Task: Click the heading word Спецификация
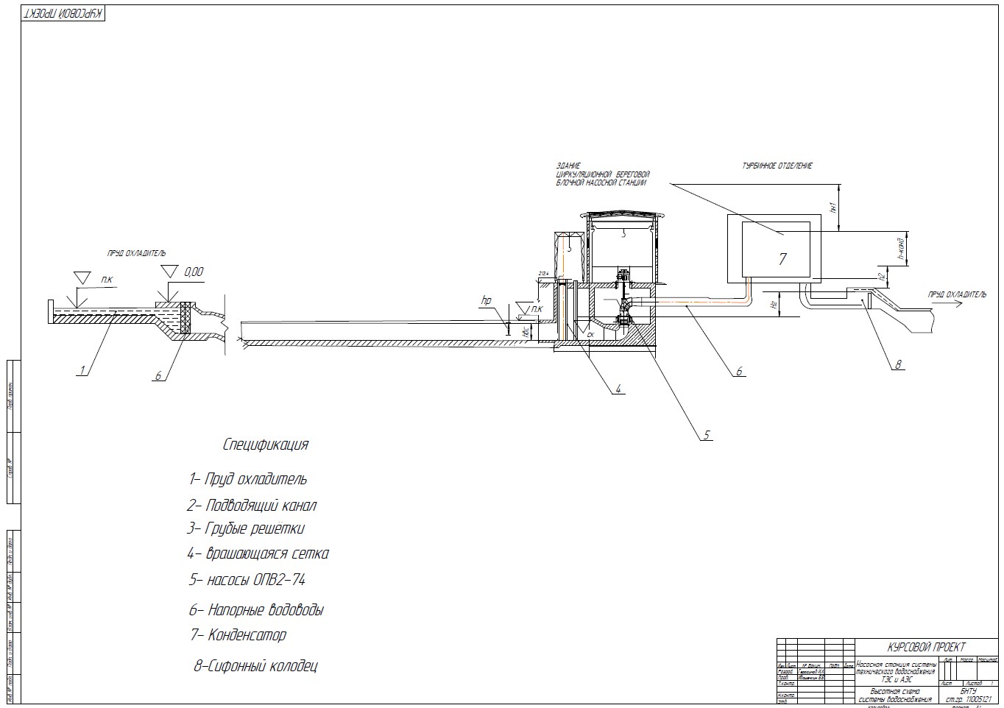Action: pos(266,445)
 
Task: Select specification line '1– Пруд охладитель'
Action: pos(248,479)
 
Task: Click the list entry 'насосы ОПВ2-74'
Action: pos(247,579)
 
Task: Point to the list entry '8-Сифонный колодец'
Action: pos(255,667)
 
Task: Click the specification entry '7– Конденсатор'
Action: pos(238,634)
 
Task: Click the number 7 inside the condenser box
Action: pos(782,258)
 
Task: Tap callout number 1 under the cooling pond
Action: pos(83,370)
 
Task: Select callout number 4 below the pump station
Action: pos(619,388)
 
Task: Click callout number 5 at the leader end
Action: pos(706,435)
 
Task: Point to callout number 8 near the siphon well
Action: pos(898,364)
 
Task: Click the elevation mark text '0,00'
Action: pos(194,272)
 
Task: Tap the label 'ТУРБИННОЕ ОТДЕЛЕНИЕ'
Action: pos(777,166)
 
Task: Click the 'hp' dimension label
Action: pos(486,300)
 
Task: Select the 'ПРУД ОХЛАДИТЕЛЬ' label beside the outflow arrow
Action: pos(957,294)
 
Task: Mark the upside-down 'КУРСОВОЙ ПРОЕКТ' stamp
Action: pos(64,15)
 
